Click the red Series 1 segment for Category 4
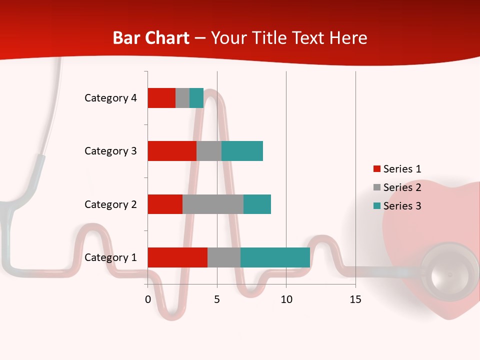point(161,98)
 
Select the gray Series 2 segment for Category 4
point(182,98)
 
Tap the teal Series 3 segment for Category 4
point(196,98)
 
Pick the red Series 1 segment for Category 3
point(172,151)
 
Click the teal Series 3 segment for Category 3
point(242,151)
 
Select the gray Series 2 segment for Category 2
point(213,204)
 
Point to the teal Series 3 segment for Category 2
point(257,204)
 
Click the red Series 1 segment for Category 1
point(177,257)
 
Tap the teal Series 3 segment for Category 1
point(275,257)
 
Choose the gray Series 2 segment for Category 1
point(224,257)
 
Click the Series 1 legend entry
point(397,169)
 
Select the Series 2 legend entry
point(397,187)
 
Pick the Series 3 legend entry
point(397,206)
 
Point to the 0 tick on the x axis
point(148,299)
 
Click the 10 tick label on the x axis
point(286,299)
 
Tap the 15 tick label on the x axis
point(355,299)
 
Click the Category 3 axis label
point(110,151)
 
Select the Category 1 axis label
point(110,257)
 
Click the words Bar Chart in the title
point(151,38)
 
